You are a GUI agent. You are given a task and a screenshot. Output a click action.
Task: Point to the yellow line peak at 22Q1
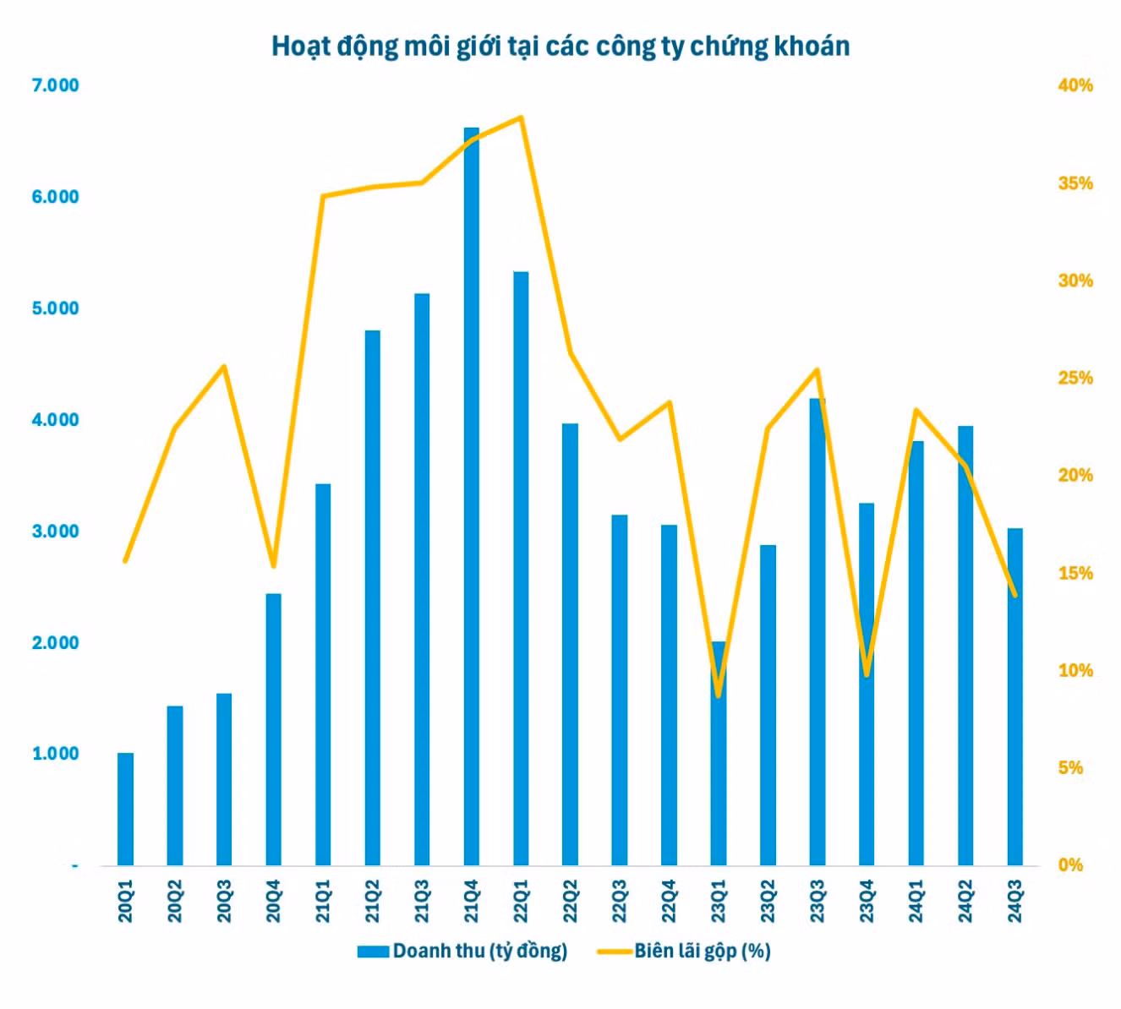(522, 117)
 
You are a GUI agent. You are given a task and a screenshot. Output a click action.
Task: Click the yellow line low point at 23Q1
(719, 696)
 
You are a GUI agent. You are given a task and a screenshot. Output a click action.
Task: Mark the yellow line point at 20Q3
(224, 366)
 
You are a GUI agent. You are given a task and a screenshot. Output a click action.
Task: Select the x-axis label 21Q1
(323, 901)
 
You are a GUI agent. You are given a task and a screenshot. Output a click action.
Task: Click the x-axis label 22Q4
(669, 901)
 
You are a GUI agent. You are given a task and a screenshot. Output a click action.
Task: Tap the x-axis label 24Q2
(965, 901)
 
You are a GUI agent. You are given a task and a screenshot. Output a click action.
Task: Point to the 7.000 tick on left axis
(55, 85)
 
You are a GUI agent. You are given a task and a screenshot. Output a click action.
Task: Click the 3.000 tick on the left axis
(55, 532)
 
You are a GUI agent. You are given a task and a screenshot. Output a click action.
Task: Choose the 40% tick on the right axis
(1075, 85)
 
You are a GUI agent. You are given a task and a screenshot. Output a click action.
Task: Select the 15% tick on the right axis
(1075, 573)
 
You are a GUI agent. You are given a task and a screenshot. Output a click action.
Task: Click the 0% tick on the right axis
(1069, 865)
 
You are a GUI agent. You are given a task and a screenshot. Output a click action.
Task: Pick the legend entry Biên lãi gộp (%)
(702, 951)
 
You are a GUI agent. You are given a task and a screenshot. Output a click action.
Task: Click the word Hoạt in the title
(300, 46)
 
